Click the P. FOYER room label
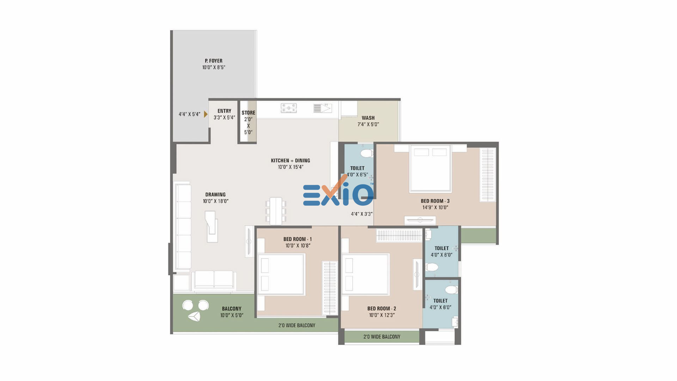[x=214, y=61]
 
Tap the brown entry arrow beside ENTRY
[x=206, y=114]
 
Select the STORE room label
[x=248, y=113]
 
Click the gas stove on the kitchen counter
[x=289, y=108]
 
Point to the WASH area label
[x=368, y=118]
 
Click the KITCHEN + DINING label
[x=291, y=161]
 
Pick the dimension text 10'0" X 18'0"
[x=215, y=201]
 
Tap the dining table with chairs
[x=276, y=211]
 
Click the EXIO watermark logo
[x=338, y=192]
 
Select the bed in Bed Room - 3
[x=430, y=169]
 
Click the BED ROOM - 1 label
[x=297, y=239]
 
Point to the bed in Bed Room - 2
[x=365, y=274]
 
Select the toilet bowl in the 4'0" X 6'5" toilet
[x=367, y=153]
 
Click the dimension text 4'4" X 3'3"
[x=362, y=214]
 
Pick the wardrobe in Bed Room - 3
[x=488, y=175]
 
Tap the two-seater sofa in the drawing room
[x=214, y=280]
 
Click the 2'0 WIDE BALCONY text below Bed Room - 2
[x=382, y=337]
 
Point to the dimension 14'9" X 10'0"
[x=435, y=207]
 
